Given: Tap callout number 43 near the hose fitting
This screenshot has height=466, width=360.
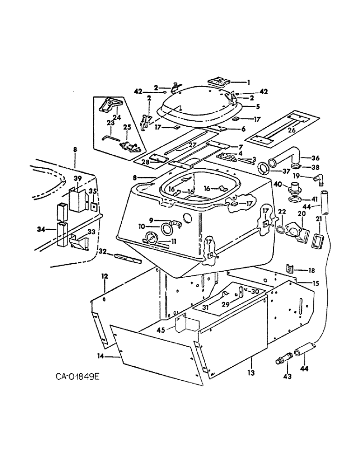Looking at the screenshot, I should click(287, 376).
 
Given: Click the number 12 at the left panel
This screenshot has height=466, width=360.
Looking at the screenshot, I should click(104, 276).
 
